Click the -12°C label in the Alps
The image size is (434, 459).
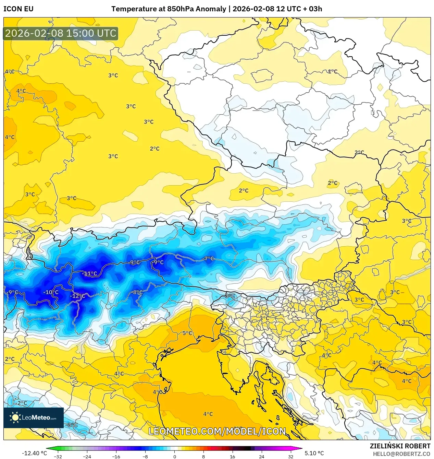point(78,296)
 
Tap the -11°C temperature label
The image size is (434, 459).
point(90,274)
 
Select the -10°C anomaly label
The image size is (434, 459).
point(51,292)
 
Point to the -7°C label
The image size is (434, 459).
point(209,259)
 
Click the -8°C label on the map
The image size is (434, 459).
point(137,292)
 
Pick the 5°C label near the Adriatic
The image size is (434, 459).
point(187,333)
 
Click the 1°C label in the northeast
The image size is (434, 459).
point(332,72)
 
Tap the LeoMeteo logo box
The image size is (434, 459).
point(34,417)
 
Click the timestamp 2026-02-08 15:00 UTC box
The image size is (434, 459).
point(61,34)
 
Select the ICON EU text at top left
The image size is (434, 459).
point(18,9)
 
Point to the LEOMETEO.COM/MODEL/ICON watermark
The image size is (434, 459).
point(217,431)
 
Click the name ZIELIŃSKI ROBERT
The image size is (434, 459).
point(400,446)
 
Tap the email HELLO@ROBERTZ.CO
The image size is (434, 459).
point(401,454)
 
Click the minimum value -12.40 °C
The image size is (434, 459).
point(34,453)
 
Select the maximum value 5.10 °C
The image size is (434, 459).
point(314,453)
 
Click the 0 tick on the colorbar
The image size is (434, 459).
point(174,457)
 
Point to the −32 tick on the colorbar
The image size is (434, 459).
point(58,457)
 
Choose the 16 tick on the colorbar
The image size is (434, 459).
point(233,457)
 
